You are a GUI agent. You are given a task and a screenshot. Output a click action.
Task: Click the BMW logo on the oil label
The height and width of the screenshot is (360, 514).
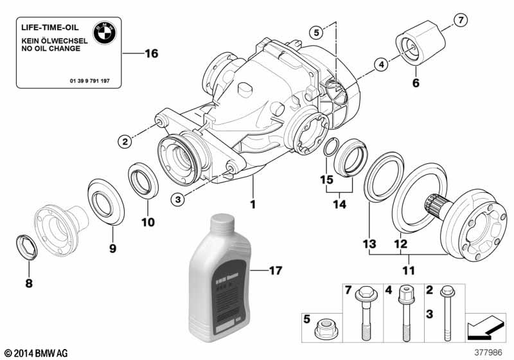click(104, 32)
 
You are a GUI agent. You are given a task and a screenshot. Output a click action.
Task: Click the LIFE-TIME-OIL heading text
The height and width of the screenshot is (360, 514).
click(49, 29)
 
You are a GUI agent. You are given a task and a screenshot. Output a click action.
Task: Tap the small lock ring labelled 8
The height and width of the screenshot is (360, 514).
click(24, 246)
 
